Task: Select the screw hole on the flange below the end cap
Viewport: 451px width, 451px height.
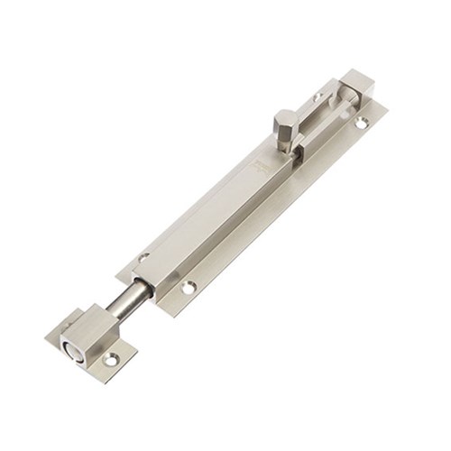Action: [361, 124]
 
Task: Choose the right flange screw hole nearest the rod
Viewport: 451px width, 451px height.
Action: [189, 288]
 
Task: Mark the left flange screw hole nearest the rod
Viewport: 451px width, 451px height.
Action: [144, 257]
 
